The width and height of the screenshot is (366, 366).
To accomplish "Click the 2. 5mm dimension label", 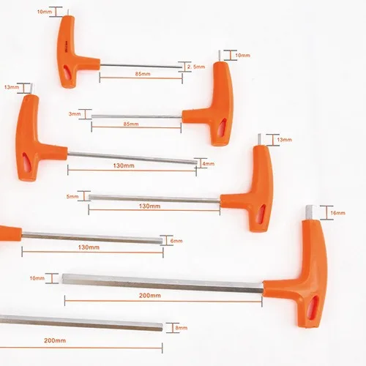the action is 196,67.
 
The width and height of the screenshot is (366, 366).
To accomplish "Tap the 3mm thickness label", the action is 75,114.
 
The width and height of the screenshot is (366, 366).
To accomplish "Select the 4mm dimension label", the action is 208,164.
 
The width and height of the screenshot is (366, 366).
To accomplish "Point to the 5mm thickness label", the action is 72,196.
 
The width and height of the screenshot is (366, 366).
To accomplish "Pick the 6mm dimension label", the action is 176,241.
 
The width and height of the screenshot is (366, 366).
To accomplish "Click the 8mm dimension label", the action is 182,328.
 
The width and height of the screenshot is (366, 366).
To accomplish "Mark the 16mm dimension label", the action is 337,213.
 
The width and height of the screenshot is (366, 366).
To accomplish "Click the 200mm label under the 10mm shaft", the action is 150,296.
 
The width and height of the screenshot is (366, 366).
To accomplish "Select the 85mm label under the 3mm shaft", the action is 131,124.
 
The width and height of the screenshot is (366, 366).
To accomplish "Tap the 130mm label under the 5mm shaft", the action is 149,206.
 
